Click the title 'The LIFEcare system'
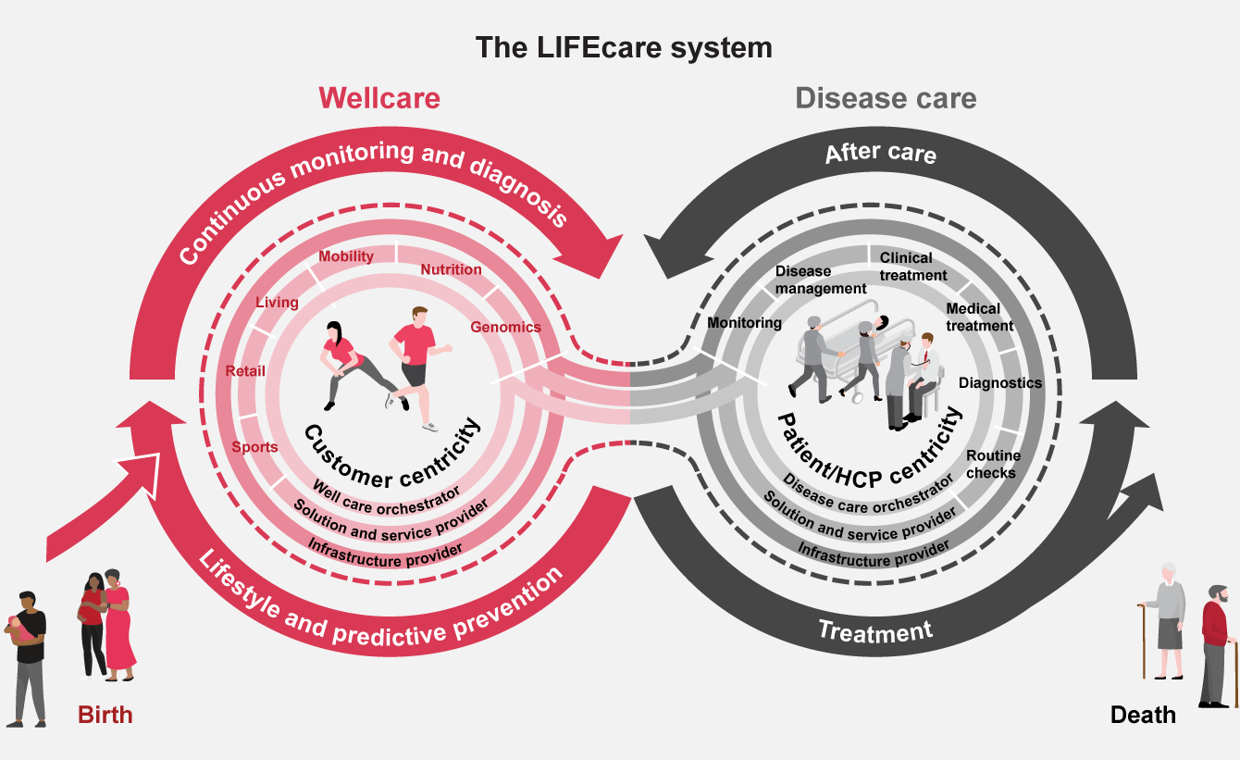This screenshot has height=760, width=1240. click(x=624, y=47)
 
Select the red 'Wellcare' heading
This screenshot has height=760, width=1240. click(x=379, y=98)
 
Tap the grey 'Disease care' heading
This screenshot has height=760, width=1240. click(x=886, y=98)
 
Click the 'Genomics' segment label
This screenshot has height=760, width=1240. click(x=505, y=327)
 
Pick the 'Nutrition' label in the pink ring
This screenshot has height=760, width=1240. click(x=451, y=269)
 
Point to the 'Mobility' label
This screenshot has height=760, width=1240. click(x=346, y=256)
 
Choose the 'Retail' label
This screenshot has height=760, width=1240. click(x=245, y=371)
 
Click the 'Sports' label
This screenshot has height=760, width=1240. click(x=254, y=447)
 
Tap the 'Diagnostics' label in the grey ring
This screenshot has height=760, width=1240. click(x=999, y=382)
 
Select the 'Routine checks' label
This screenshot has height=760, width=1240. click(x=993, y=464)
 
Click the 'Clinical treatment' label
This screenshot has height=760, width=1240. click(x=912, y=266)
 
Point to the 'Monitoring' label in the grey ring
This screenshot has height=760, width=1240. click(x=744, y=323)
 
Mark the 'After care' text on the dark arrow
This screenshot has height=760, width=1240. click(x=880, y=154)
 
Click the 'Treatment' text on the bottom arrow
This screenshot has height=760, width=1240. click(x=875, y=632)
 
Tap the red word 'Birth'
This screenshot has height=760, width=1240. click(x=105, y=715)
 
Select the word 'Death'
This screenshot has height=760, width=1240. click(x=1143, y=715)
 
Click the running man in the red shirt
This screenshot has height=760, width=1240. click(x=416, y=361)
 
